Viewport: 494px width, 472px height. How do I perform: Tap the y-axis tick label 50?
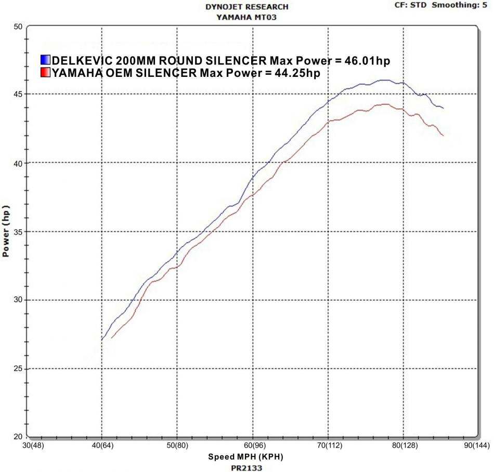point(18,26)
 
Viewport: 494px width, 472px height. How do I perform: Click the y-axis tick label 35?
point(18,232)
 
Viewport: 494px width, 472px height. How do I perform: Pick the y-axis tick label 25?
point(18,369)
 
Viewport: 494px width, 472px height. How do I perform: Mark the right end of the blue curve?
point(443,108)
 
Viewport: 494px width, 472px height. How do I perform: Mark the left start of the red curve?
point(111,338)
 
